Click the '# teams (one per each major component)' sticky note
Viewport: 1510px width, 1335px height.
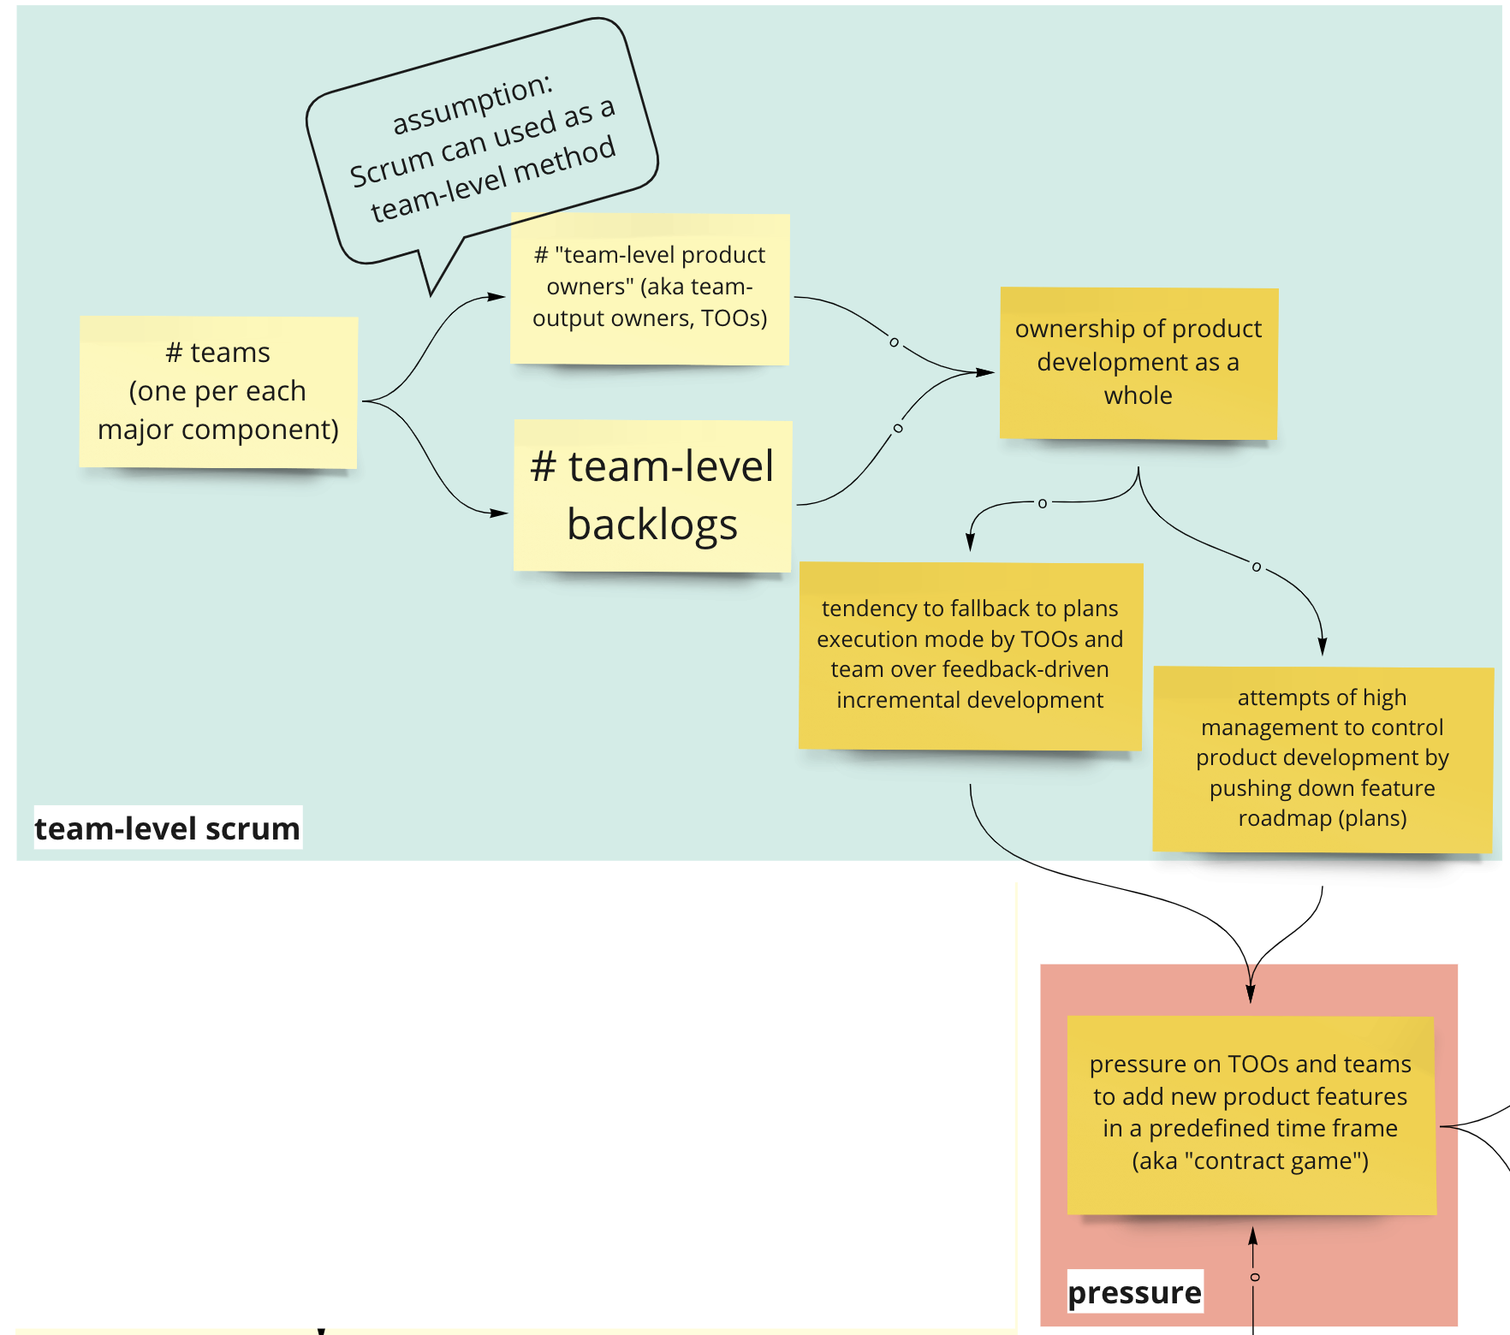pos(218,392)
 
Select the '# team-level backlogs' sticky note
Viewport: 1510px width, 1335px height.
pos(652,495)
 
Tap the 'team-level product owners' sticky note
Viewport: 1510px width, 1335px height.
pos(650,288)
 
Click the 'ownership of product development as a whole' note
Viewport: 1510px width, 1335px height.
pos(1138,363)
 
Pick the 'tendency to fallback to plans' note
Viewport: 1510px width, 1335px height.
pos(970,656)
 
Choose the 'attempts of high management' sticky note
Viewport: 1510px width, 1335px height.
pos(1323,759)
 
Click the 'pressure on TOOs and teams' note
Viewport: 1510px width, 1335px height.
pos(1251,1113)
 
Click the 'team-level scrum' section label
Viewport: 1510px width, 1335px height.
pos(168,828)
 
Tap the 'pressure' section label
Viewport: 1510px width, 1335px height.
pos(1134,1292)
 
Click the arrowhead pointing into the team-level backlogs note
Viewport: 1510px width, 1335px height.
pos(500,513)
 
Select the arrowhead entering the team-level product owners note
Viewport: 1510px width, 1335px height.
pos(498,297)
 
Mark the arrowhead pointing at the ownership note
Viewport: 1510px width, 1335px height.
pos(986,372)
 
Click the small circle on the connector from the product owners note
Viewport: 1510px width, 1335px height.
pos(894,342)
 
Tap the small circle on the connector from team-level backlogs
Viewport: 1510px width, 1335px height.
pos(897,428)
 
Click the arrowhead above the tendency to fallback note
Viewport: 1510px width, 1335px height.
pos(970,543)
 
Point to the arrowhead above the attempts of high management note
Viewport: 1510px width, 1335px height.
pos(1323,647)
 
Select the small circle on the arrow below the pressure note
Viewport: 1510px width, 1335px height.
pos(1255,1278)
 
